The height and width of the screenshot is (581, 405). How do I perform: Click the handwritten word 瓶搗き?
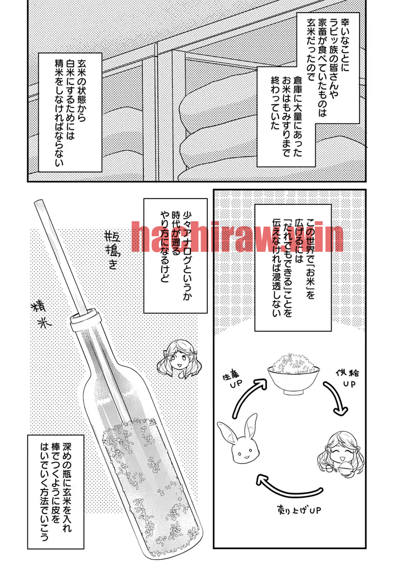pyautogui.click(x=112, y=248)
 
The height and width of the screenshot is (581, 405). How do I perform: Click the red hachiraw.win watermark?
pyautogui.click(x=237, y=237)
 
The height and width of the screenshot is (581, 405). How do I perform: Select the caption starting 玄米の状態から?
pyautogui.click(x=70, y=112)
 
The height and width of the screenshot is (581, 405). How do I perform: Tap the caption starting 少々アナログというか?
pyautogui.click(x=175, y=256)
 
